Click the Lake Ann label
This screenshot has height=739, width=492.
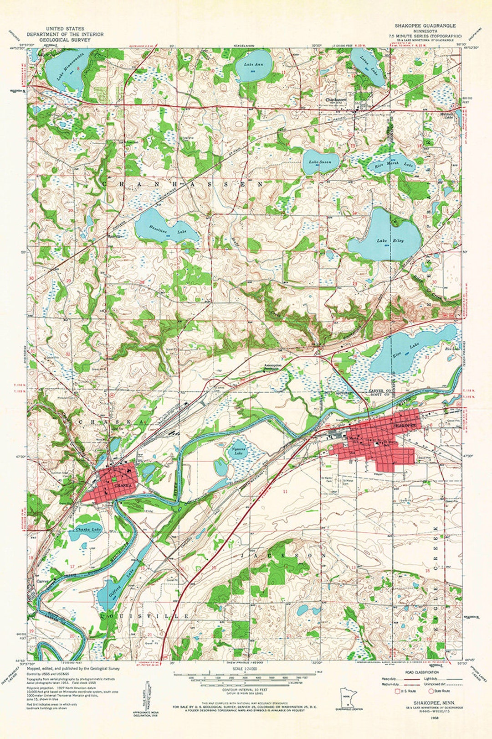pyautogui.click(x=251, y=65)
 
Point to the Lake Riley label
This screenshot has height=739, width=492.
pyautogui.click(x=384, y=240)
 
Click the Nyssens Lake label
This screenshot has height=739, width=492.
pyautogui.click(x=237, y=451)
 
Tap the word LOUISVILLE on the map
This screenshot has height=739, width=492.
pyautogui.click(x=145, y=616)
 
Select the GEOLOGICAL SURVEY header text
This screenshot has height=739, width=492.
pyautogui.click(x=65, y=40)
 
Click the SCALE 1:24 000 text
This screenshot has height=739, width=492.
pyautogui.click(x=244, y=669)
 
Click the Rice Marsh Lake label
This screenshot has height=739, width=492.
pyautogui.click(x=386, y=163)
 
